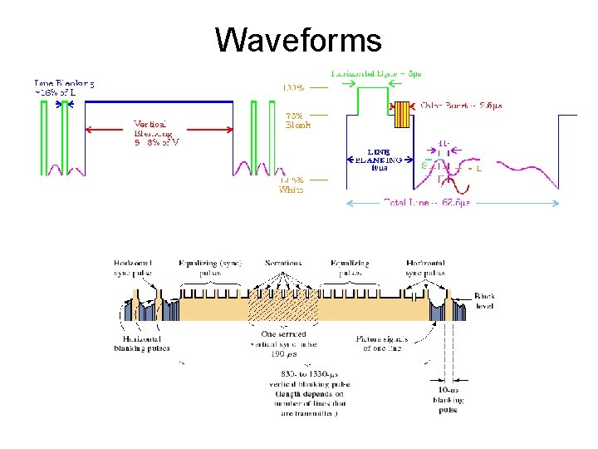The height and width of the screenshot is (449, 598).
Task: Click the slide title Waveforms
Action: (x=298, y=39)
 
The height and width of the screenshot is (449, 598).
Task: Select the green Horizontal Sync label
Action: (x=375, y=73)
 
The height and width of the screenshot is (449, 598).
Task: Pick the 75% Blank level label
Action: (x=297, y=121)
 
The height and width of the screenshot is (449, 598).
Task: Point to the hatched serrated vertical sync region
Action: (x=282, y=308)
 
